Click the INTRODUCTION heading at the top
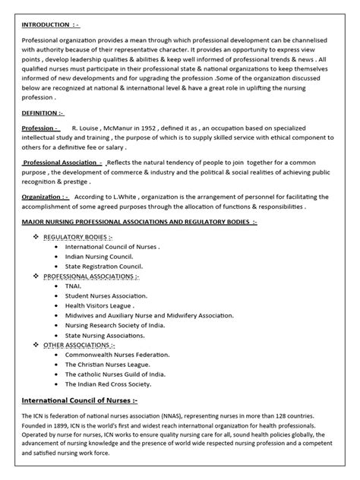point(49,23)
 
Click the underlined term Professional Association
point(62,163)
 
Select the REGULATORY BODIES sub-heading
point(78,237)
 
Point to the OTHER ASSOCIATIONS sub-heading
point(79,344)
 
